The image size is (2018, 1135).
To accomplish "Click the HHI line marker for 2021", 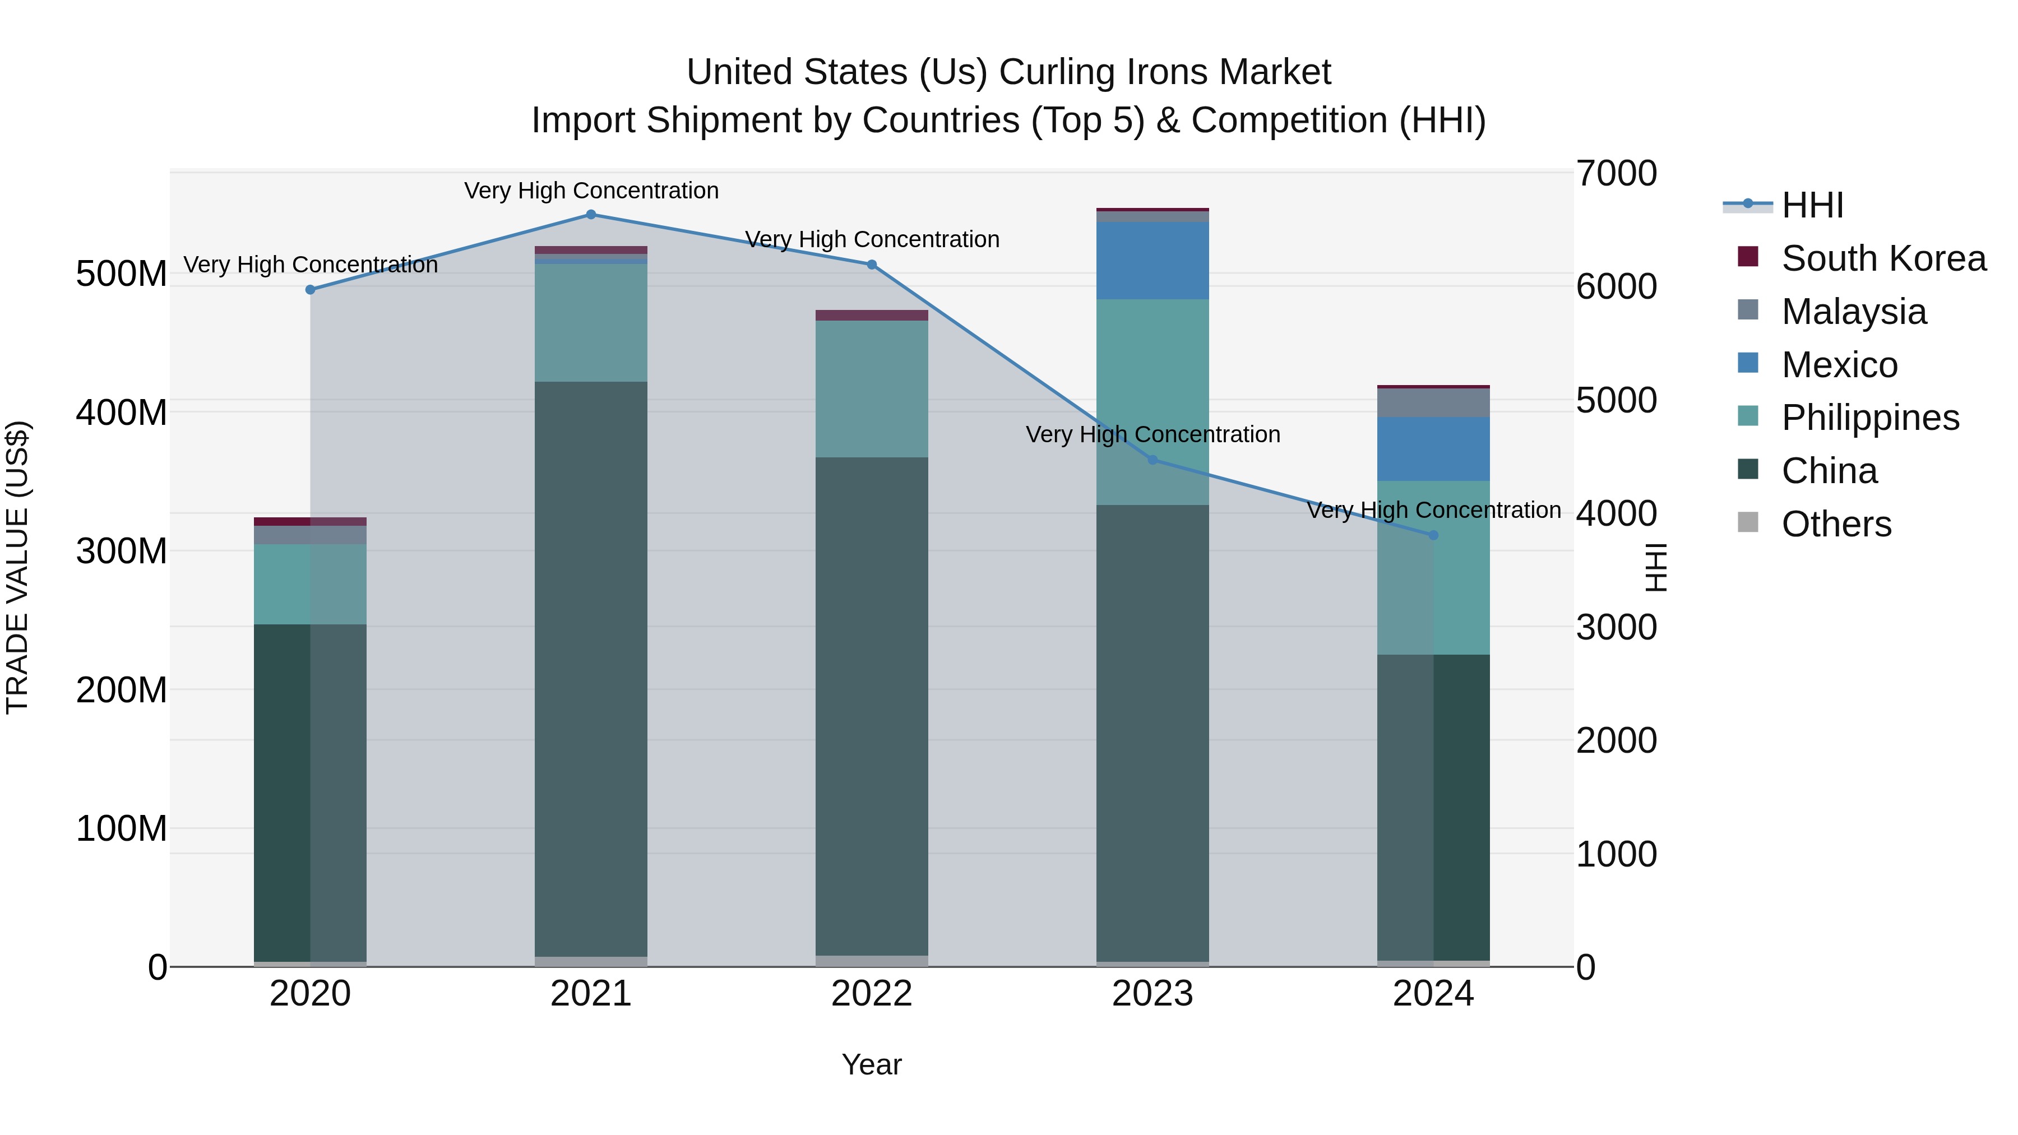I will pyautogui.click(x=591, y=215).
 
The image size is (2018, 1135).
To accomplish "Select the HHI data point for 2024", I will pyautogui.click(x=1433, y=536).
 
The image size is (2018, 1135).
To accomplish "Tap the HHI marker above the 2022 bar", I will pyautogui.click(x=871, y=265).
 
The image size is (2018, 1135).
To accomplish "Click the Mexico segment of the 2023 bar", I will pyautogui.click(x=1153, y=261).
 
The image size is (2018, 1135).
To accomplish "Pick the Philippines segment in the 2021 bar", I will pyautogui.click(x=591, y=323).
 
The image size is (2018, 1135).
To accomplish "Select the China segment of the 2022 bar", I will pyautogui.click(x=871, y=705).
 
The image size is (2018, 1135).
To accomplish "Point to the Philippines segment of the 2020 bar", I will pyautogui.click(x=309, y=585).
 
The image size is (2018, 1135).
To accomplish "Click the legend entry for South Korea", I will pyautogui.click(x=1883, y=258).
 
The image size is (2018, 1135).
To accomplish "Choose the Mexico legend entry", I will pyautogui.click(x=1839, y=365).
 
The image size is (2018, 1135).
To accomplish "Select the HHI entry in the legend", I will pyautogui.click(x=1812, y=205).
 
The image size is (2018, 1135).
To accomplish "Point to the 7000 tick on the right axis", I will pyautogui.click(x=1616, y=174).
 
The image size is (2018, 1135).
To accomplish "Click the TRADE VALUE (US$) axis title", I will pyautogui.click(x=17, y=568).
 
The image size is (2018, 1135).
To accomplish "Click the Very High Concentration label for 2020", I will pyautogui.click(x=310, y=265).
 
